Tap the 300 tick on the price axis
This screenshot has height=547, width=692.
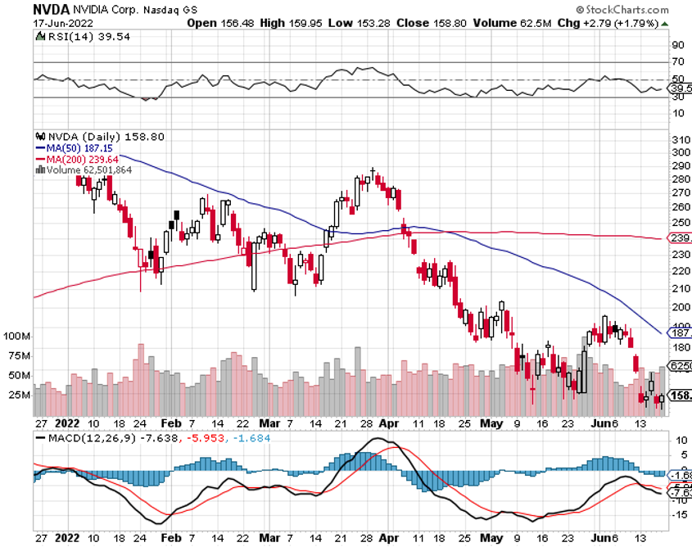pyautogui.click(x=680, y=152)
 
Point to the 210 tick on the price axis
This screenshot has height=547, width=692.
pyautogui.click(x=680, y=287)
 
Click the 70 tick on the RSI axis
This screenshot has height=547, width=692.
pyautogui.click(x=679, y=61)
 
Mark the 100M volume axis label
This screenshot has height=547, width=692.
pyautogui.click(x=16, y=337)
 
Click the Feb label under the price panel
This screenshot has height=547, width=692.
pyautogui.click(x=170, y=423)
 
